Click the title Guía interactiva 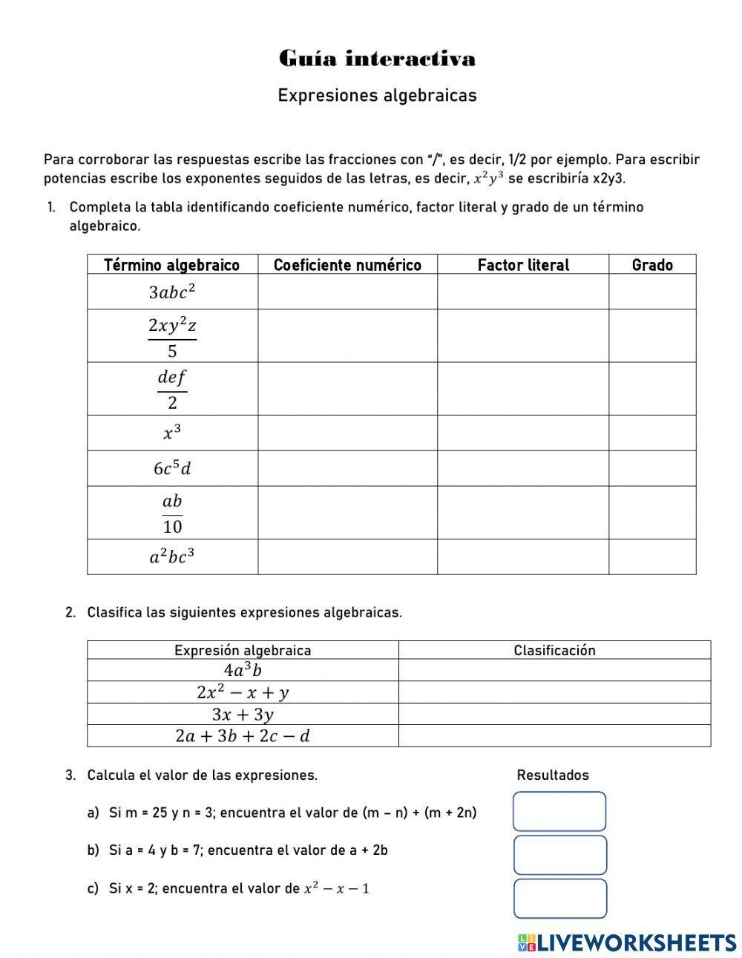click(377, 59)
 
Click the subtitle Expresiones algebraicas click(377, 96)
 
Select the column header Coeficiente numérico click(347, 265)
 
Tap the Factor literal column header click(523, 265)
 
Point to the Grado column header click(652, 265)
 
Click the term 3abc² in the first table click(172, 292)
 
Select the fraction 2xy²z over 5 click(172, 336)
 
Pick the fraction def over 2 click(172, 389)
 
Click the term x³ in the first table click(172, 433)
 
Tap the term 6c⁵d click(172, 468)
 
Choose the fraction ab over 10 click(172, 513)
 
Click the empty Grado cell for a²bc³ click(652, 557)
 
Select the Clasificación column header click(554, 651)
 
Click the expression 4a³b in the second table click(243, 671)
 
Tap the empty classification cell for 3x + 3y click(554, 715)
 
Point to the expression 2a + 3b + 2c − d click(243, 736)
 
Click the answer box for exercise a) click(559, 811)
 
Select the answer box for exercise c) click(559, 899)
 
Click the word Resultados click(553, 775)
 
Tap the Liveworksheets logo click(627, 942)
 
